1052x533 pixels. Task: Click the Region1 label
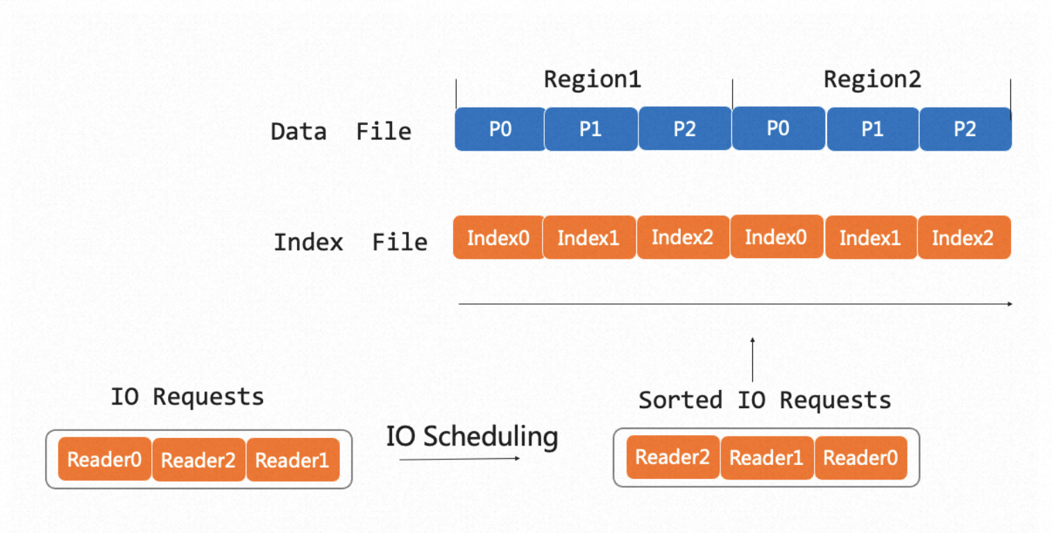[592, 79]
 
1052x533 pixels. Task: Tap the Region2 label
[872, 79]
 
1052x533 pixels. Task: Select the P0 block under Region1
[500, 129]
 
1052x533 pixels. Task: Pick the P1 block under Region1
[591, 129]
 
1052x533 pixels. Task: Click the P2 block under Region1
[685, 128]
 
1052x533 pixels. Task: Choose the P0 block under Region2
[778, 128]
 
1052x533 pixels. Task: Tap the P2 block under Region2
[965, 129]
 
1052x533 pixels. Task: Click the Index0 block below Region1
[498, 237]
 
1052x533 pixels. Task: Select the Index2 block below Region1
[682, 237]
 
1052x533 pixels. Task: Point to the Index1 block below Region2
[870, 237]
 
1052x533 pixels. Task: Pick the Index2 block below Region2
[963, 237]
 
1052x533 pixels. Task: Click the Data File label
[341, 131]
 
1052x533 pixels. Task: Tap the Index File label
[351, 242]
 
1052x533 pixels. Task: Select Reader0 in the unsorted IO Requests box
[105, 459]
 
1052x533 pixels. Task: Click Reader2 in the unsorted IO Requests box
[198, 459]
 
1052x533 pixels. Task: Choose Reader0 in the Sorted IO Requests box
[861, 458]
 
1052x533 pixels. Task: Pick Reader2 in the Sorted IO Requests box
[672, 457]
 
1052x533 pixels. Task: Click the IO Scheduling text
[472, 437]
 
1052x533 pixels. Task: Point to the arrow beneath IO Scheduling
[460, 459]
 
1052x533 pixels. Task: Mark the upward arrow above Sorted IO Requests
[752, 359]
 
